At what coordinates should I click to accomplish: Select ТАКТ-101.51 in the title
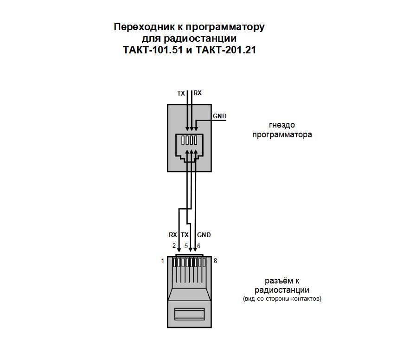(153, 50)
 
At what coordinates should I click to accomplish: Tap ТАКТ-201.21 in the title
(226, 50)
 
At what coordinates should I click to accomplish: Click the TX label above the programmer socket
(181, 94)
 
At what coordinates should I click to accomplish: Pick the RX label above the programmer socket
(198, 93)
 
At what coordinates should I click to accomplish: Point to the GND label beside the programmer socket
(219, 116)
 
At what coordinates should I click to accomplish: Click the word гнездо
(282, 125)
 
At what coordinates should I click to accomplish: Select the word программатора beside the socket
(282, 134)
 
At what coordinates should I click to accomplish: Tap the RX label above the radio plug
(173, 235)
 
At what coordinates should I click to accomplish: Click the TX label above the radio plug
(185, 235)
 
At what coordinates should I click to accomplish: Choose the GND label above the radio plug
(204, 235)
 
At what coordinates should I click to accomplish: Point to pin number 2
(174, 245)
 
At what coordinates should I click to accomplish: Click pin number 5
(186, 246)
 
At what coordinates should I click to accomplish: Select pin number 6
(199, 246)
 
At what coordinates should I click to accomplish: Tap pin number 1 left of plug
(162, 261)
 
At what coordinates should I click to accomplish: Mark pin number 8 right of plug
(215, 261)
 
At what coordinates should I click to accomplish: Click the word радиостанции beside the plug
(282, 290)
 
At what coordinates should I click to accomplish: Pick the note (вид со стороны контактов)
(282, 299)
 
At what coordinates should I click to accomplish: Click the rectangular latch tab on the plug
(189, 314)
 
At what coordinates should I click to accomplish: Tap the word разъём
(278, 281)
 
